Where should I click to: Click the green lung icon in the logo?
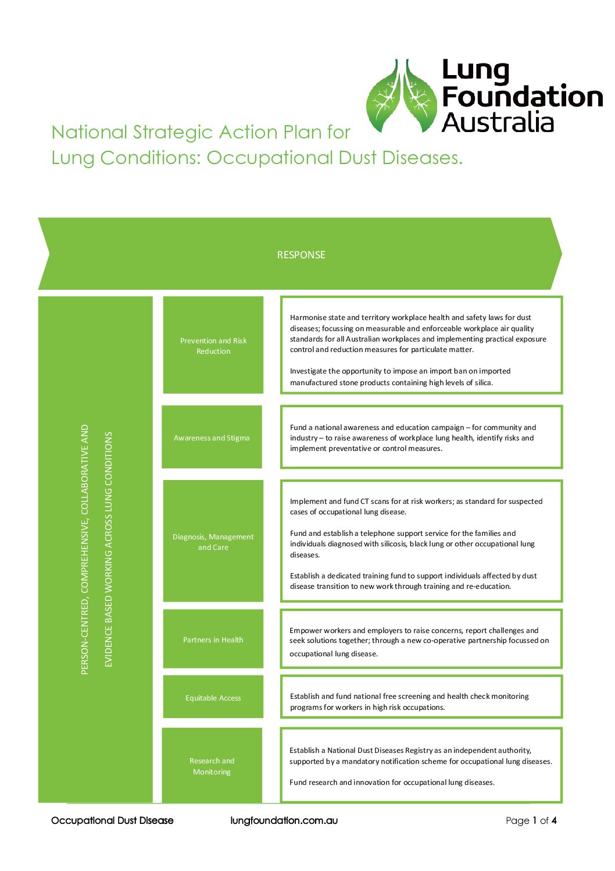coord(401,96)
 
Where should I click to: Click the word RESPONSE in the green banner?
coord(301,255)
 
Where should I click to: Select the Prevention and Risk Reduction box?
coord(213,346)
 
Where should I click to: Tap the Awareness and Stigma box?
coord(212,438)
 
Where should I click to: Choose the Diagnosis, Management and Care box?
coord(213,542)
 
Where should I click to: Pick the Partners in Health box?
coord(213,639)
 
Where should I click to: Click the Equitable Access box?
coord(213,698)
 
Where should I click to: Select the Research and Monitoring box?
coord(212,766)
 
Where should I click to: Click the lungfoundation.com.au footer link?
coord(284,820)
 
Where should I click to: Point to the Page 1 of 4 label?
coord(531,820)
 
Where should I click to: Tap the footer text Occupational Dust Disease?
coord(112,820)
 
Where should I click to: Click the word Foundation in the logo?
coord(522,97)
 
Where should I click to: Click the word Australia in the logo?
coord(498,123)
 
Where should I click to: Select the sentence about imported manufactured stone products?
coord(400,376)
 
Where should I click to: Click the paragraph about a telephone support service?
coord(412,543)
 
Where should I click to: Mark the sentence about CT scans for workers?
coord(416,506)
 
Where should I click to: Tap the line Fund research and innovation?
coord(392,782)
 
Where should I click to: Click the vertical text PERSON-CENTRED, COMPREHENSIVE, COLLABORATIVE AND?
coord(85,549)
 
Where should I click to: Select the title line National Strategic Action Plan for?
coord(201,132)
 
